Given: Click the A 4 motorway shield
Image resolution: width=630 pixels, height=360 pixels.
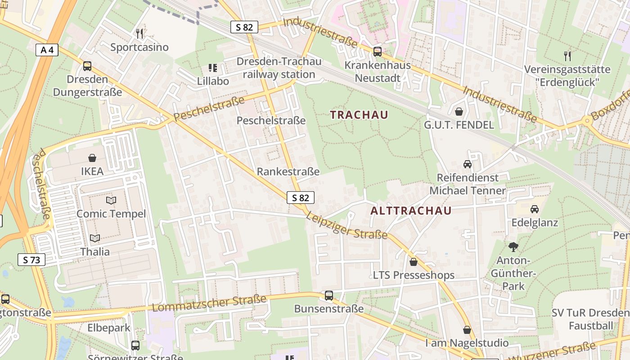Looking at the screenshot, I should point(47,50).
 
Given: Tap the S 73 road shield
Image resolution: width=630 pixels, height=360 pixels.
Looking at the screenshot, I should point(31,260).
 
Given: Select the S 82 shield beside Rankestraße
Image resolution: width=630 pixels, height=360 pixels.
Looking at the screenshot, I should point(300,198).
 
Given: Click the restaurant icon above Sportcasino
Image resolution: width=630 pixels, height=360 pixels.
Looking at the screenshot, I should point(139,33).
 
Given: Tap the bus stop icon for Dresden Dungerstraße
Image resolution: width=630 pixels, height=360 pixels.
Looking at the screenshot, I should point(87,66).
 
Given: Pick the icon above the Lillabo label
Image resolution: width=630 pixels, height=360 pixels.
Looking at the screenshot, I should point(213,68).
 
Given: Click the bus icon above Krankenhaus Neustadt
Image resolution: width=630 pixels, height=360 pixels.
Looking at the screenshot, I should point(378,52).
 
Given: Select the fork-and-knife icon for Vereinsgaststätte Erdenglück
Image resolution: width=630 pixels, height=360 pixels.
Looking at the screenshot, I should point(567,56).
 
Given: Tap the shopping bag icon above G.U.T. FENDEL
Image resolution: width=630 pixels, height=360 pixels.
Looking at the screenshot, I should point(459,111).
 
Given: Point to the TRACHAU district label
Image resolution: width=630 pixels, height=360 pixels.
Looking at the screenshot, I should point(359,115).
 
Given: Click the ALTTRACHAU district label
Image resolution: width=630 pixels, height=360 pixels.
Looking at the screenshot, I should point(411,211).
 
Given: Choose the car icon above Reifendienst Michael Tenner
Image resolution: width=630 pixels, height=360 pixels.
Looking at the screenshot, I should point(468,164).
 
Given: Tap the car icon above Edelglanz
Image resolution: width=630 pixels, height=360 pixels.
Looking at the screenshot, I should point(535,209).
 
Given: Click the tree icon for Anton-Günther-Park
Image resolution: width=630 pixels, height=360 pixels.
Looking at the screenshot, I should point(513,247).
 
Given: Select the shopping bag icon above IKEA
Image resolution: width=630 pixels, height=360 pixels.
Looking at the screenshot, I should point(92,158).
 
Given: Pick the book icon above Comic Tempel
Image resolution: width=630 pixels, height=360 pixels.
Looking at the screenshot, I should point(111,200).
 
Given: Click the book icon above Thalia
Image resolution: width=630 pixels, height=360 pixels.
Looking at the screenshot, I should point(95,238).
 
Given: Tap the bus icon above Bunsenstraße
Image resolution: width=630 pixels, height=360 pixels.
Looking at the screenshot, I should point(329,296).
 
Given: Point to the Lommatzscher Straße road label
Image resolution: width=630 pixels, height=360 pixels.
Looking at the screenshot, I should point(210,303).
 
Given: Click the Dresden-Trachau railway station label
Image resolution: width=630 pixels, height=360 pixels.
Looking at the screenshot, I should point(279,67).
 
